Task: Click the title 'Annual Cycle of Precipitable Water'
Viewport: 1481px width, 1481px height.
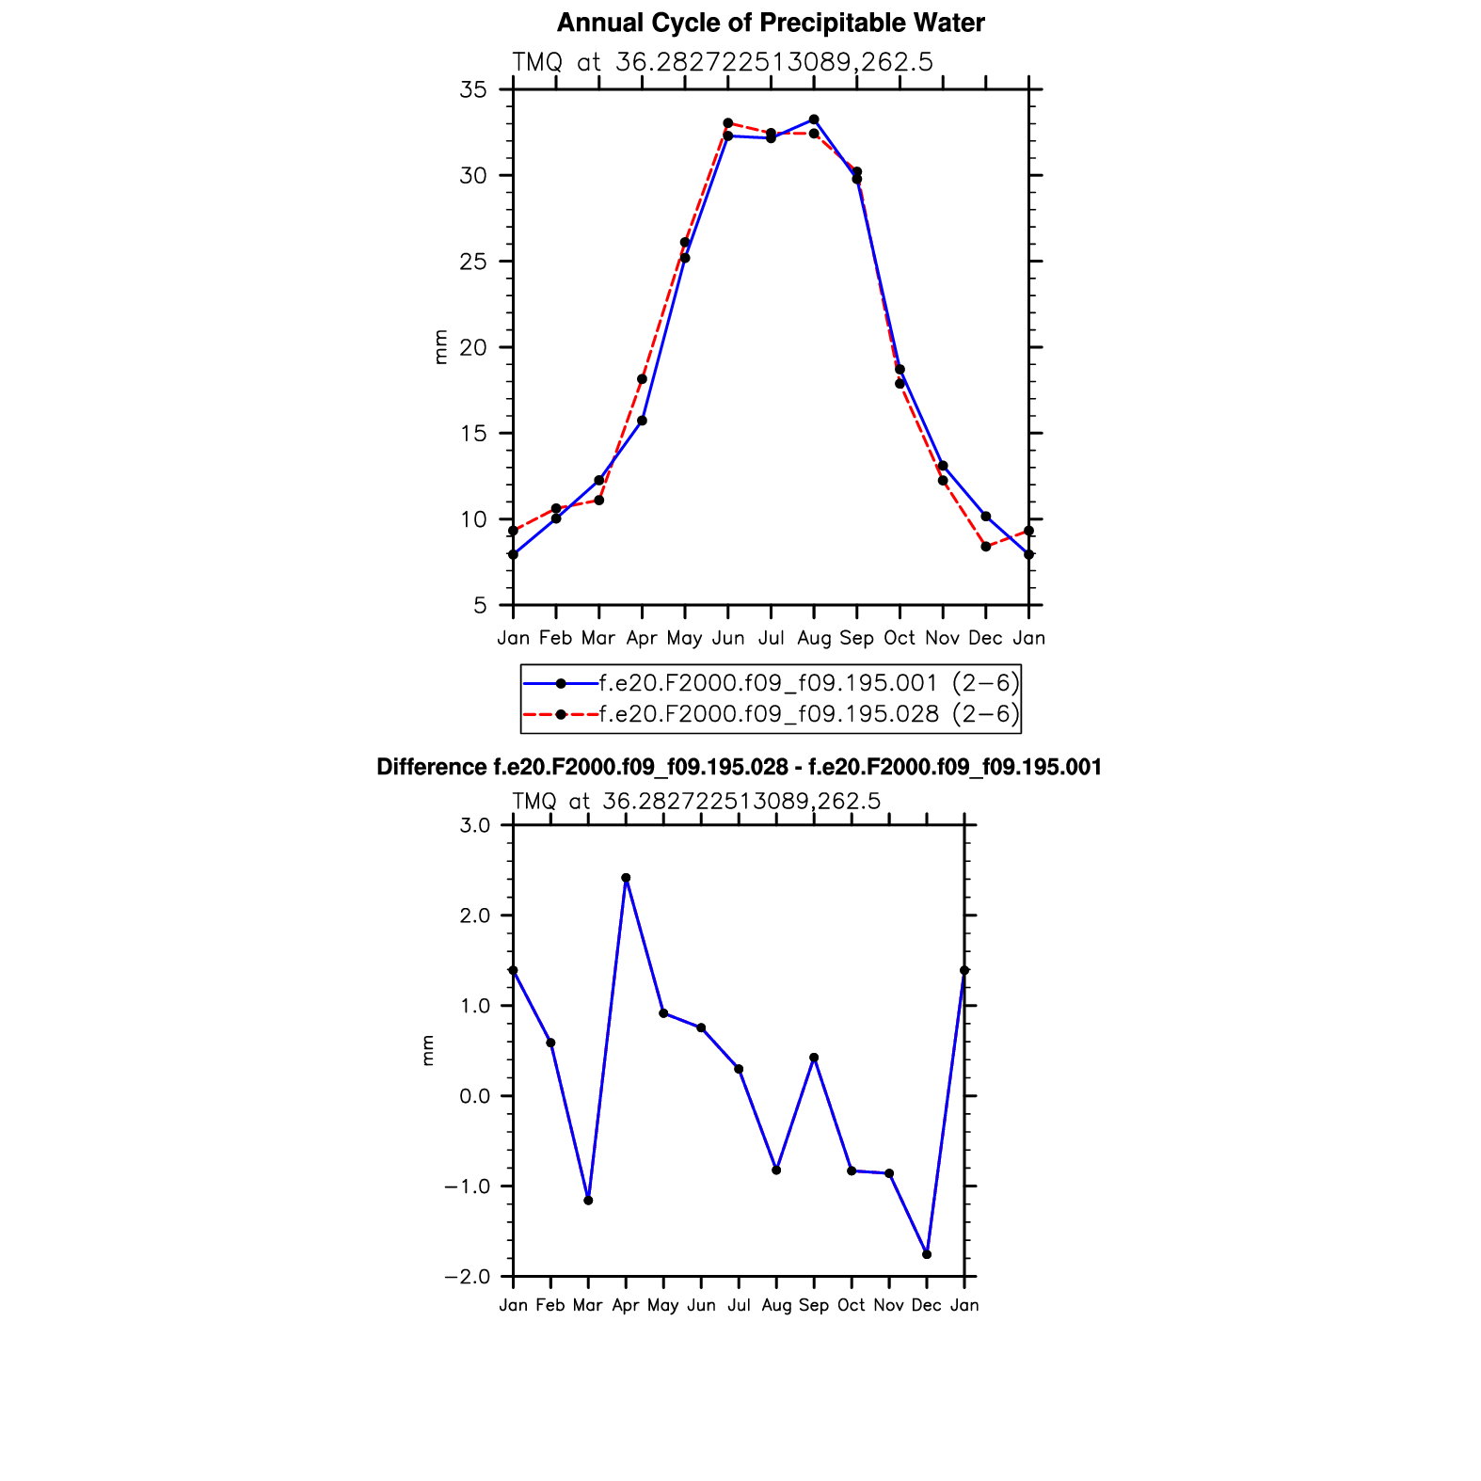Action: pyautogui.click(x=770, y=24)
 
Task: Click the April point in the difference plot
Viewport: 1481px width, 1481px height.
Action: pyautogui.click(x=626, y=878)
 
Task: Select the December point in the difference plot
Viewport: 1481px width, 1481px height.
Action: pyautogui.click(x=927, y=1254)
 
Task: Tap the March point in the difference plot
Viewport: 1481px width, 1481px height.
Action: pyautogui.click(x=588, y=1201)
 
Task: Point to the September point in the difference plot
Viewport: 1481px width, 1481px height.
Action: pyautogui.click(x=814, y=1058)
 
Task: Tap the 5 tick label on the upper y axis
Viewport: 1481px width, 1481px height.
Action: pyautogui.click(x=480, y=606)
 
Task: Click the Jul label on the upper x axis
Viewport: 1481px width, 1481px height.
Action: pyautogui.click(x=771, y=638)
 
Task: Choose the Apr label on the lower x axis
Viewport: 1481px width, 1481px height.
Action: pyautogui.click(x=626, y=1305)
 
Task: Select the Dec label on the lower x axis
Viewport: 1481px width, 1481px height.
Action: pyautogui.click(x=927, y=1305)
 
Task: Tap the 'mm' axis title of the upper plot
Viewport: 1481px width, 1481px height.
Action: pyautogui.click(x=440, y=347)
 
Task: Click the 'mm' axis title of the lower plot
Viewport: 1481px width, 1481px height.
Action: pyautogui.click(x=428, y=1050)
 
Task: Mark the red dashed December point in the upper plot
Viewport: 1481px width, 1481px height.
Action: pyautogui.click(x=985, y=547)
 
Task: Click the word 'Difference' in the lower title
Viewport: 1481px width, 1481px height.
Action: pyautogui.click(x=431, y=768)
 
